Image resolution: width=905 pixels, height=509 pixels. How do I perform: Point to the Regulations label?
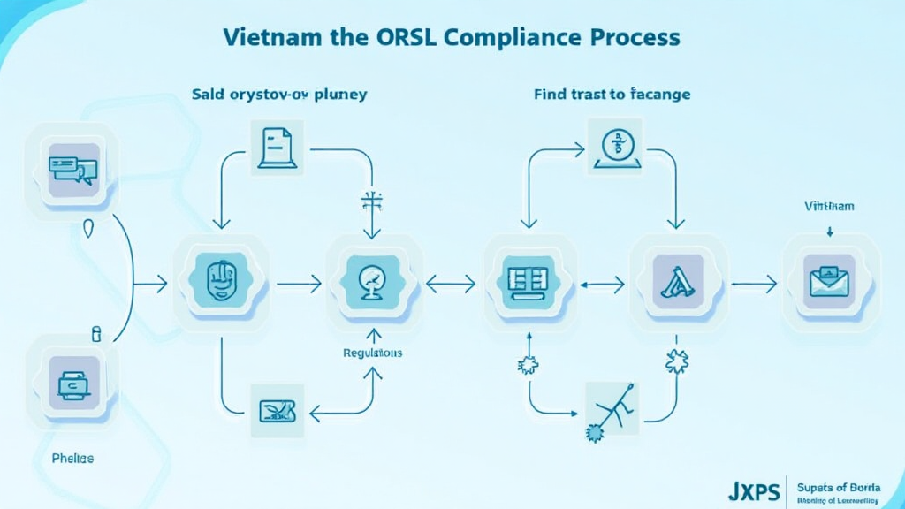372,353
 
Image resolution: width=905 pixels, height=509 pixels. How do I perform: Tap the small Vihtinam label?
829,206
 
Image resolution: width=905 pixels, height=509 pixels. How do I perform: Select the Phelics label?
72,459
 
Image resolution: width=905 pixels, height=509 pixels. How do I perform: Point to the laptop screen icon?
72,383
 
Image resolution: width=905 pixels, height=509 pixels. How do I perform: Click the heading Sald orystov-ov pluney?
279,93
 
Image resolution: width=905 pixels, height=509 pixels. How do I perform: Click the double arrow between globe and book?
451,284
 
